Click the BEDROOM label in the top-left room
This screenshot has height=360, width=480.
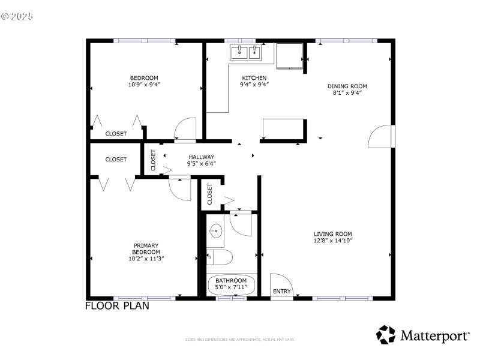point(144,77)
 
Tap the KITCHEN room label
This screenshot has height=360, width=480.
point(254,78)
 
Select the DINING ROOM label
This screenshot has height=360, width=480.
point(347,86)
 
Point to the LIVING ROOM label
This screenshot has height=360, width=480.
point(332,234)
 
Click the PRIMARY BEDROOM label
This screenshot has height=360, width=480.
point(146,248)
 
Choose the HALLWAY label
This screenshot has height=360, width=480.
point(201,157)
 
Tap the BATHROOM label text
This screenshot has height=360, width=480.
point(231,281)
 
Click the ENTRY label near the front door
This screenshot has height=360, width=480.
point(281,292)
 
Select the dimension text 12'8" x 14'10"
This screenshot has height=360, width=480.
point(332,241)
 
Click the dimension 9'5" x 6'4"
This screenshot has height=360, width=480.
point(201,164)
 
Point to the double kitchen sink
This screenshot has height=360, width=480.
point(247,52)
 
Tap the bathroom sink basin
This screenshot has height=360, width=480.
point(216,231)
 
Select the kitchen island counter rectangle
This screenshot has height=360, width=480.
point(283,128)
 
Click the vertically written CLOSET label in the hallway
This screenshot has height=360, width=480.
point(153,160)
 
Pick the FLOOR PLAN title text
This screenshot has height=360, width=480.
point(117,305)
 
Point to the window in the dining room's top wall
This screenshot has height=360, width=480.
point(347,41)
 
